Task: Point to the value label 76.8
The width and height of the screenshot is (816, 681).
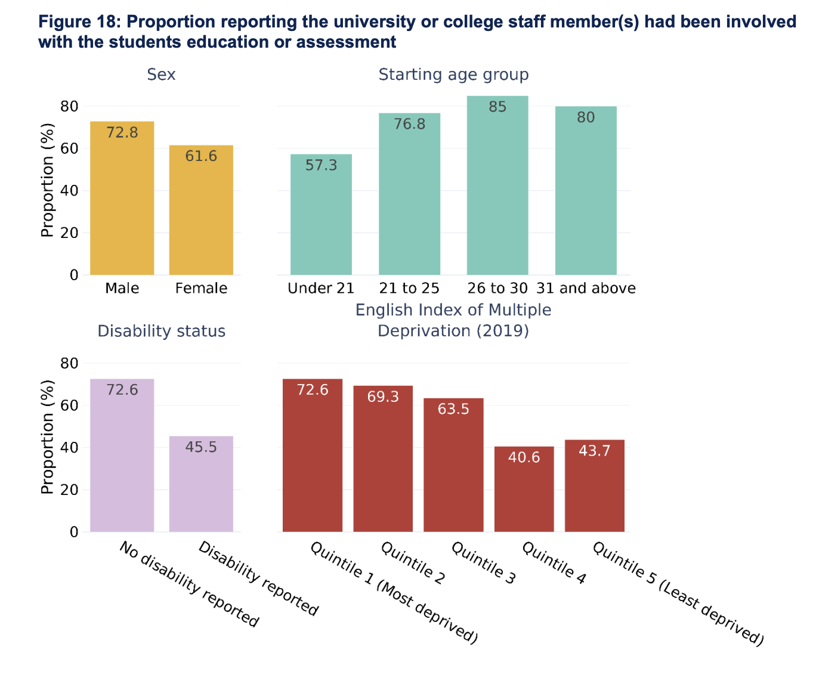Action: (x=410, y=124)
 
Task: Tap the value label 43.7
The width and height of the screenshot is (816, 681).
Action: (x=595, y=451)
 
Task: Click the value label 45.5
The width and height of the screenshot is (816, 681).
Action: (x=201, y=447)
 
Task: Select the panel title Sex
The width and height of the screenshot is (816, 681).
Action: (x=161, y=75)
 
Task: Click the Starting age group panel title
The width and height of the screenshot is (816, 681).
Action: (x=453, y=75)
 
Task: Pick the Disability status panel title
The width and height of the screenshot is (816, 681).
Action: (x=161, y=332)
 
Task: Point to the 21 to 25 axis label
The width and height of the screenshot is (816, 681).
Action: (x=409, y=289)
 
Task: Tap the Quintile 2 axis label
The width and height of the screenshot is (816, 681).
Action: (x=413, y=563)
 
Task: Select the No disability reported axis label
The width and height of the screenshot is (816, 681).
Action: (x=189, y=584)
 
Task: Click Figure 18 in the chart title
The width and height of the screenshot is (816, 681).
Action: (x=78, y=22)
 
